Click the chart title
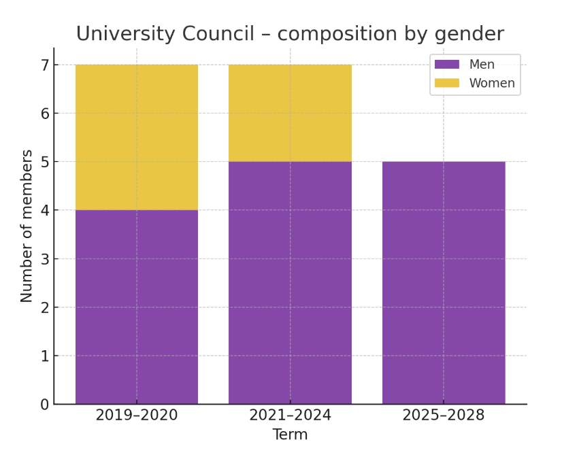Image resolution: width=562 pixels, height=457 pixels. pos(290,33)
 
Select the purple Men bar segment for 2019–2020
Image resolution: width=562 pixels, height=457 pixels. pos(137,307)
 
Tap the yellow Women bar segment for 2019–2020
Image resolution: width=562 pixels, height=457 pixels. pos(137,137)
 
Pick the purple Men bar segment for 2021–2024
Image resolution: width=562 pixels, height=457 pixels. pos(290,282)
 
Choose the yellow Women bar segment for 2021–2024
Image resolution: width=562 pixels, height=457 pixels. pos(290,113)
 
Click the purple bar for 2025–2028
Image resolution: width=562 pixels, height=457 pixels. pos(444,282)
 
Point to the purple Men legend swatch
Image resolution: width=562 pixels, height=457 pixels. pos(447,65)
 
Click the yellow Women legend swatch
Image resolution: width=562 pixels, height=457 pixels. pos(447,83)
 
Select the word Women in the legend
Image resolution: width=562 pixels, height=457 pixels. pos(492,84)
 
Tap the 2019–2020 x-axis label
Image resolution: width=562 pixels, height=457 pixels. pos(137,415)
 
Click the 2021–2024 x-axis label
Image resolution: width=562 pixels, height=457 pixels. pos(290,415)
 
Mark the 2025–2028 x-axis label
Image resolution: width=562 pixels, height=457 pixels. pos(444,415)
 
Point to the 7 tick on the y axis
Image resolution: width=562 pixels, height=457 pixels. pos(45,65)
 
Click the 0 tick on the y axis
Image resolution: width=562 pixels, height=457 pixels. pos(45,405)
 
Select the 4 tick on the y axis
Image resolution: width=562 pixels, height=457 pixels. pos(45,211)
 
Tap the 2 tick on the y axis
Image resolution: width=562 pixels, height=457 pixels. pos(45,307)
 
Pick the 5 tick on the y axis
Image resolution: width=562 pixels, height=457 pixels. pos(45,162)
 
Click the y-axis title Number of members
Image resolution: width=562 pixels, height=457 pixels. pos(27,225)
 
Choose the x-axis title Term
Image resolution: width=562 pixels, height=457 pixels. pos(290,435)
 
